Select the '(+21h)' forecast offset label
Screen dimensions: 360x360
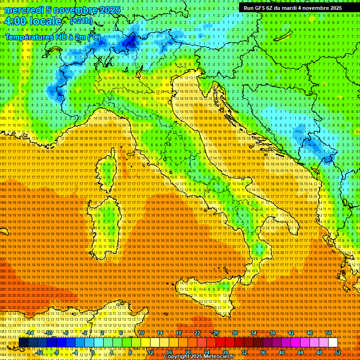pyautogui.click(x=81, y=21)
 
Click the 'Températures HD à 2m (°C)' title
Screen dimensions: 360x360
pyautogui.click(x=52, y=37)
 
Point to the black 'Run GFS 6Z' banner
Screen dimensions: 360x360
pyautogui.click(x=292, y=8)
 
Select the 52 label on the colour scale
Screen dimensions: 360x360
pyautogui.click(x=338, y=352)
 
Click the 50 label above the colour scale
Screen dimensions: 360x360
pyautogui.click(x=329, y=333)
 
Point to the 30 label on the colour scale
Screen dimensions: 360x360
pyautogui.click(x=235, y=333)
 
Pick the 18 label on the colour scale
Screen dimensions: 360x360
pyautogui.click(x=179, y=333)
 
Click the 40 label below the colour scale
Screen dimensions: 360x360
pyautogui.click(x=282, y=352)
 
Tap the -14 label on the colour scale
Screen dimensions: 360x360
pyautogui.click(x=30, y=333)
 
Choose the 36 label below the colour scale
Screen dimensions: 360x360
pyautogui.click(x=263, y=352)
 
